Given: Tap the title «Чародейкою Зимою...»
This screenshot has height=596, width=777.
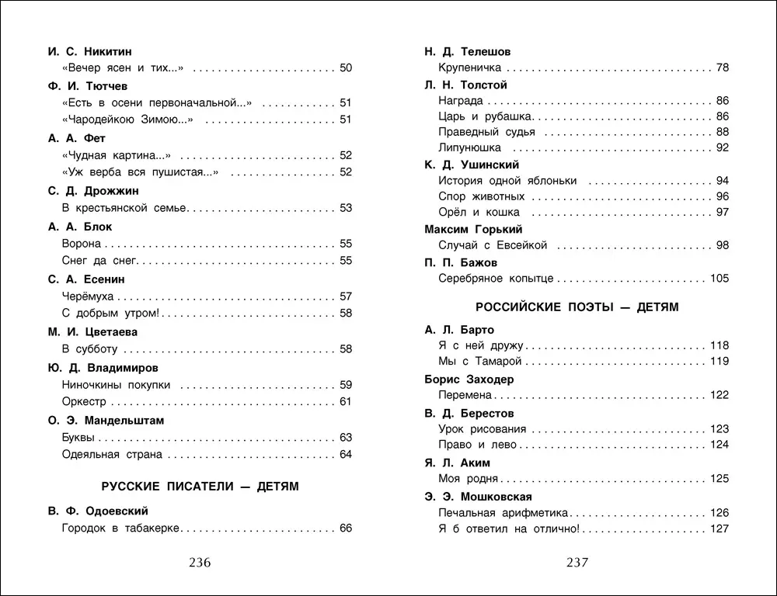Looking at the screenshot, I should point(127,120).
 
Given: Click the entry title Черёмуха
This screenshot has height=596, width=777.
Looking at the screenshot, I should point(87,296).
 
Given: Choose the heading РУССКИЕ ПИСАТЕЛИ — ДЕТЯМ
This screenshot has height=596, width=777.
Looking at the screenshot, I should point(200,487).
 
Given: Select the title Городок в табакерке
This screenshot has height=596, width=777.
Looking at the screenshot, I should point(120,528).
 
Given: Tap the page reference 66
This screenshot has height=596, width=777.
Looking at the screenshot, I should point(346,528).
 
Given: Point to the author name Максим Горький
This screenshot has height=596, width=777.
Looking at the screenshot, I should point(473,229).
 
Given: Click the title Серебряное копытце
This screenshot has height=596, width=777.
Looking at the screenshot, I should point(496,279).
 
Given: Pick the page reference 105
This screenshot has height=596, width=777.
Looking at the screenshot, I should point(720,279).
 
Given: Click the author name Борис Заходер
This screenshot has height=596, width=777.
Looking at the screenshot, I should point(469,379).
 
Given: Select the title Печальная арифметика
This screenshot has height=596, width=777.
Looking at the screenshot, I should point(503,513).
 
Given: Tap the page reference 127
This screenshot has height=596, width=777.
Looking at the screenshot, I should point(720,529).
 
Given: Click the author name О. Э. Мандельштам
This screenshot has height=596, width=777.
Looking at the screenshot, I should point(106,420).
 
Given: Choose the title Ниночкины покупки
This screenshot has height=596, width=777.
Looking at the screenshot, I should point(116,385).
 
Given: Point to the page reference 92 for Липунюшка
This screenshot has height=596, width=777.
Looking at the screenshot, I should point(723,147).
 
